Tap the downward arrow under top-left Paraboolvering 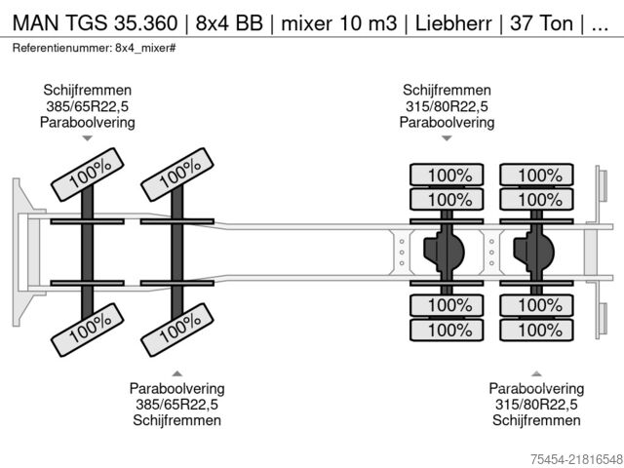pyautogui.click(x=87, y=138)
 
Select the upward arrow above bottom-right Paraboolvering pyautogui.click(x=536, y=373)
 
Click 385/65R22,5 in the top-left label pyautogui.click(x=87, y=107)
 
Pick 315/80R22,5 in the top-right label pyautogui.click(x=447, y=107)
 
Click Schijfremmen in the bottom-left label pyautogui.click(x=177, y=420)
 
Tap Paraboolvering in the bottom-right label pyautogui.click(x=536, y=389)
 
